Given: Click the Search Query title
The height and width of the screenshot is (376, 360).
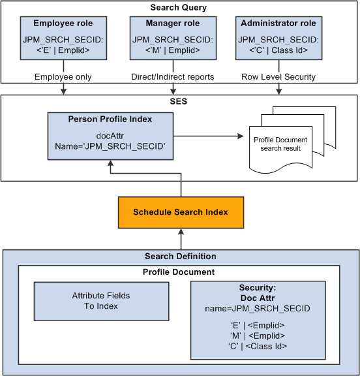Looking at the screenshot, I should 178,8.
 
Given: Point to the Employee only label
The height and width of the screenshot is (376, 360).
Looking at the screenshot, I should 63,76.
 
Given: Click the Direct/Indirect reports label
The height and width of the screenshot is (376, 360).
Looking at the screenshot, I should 173,76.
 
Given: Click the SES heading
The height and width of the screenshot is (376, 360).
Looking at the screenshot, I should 178,103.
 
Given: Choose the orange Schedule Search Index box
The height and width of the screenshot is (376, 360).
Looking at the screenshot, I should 180,212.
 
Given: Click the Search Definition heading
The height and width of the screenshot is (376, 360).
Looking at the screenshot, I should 179,257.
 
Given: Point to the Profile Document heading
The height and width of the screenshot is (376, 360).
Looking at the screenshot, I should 178,272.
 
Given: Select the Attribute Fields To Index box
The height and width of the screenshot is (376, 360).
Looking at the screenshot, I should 97,301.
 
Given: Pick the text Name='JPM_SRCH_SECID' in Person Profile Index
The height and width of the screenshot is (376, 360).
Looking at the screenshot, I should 110,146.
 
